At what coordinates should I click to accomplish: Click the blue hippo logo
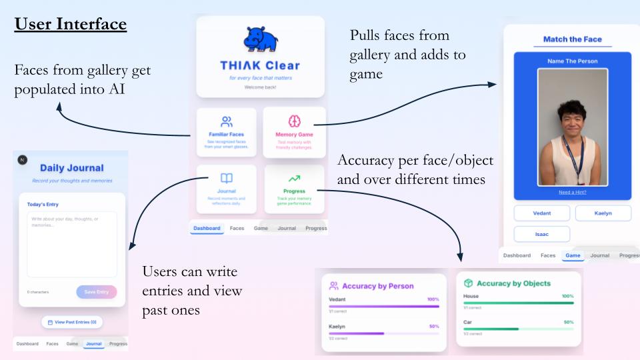tap(260, 39)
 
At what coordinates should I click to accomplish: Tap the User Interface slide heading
tap(71, 25)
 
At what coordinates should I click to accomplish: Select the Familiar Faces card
tap(227, 131)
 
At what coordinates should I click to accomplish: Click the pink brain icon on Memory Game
tap(294, 121)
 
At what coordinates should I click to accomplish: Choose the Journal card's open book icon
tap(227, 178)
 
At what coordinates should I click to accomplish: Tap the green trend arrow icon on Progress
tap(294, 178)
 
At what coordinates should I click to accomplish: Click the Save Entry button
tap(96, 292)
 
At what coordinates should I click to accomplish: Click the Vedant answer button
tap(541, 213)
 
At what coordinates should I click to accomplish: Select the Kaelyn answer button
tap(603, 213)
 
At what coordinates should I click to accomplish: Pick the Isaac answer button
tap(541, 234)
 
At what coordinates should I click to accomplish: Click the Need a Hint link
tap(573, 192)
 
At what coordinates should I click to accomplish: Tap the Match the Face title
tap(572, 39)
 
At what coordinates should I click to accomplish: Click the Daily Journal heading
tap(71, 168)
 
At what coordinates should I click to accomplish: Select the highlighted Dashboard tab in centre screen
tap(207, 228)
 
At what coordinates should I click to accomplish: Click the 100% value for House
tap(567, 296)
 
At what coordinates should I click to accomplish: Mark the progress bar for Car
tap(518, 329)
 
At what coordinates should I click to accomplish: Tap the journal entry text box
tap(72, 244)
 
